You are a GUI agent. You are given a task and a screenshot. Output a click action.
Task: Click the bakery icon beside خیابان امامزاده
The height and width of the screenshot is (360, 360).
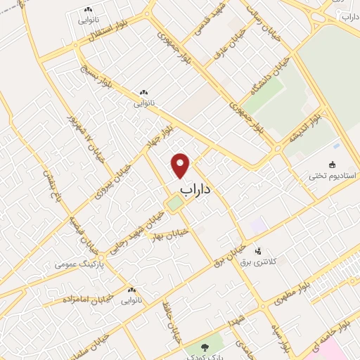point(131,290)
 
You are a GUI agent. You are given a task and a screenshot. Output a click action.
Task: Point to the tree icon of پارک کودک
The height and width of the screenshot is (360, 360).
point(205,347)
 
